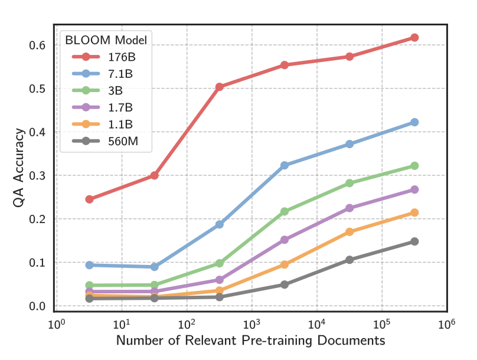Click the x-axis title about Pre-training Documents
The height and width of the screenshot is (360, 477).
251,341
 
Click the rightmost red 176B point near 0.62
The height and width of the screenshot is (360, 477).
414,38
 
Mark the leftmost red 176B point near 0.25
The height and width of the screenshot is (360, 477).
89,199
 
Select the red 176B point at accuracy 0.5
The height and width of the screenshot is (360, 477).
220,87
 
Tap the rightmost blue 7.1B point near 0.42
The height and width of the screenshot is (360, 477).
414,122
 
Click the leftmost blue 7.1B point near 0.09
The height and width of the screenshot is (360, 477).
89,265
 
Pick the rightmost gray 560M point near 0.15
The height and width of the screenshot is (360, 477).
414,241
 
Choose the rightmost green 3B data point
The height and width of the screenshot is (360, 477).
414,166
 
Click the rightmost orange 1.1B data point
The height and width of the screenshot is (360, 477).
414,212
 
